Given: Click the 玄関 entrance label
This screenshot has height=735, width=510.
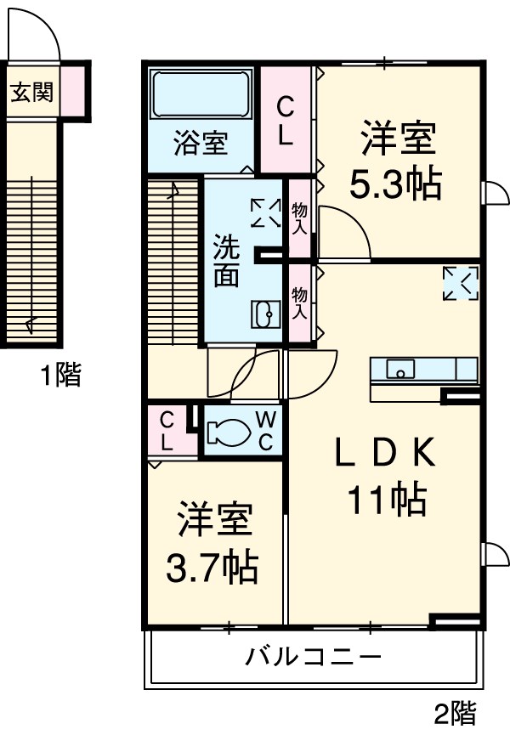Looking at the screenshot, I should click(31, 92).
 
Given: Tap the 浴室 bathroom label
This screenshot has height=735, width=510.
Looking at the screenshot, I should click(201, 143).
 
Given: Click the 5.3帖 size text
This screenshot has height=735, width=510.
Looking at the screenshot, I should click(398, 184).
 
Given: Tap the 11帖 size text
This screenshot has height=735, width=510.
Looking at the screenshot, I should click(385, 500).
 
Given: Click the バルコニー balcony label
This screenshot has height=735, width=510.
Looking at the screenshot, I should click(313, 657).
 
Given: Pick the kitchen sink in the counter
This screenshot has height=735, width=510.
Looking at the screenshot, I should click(400, 369).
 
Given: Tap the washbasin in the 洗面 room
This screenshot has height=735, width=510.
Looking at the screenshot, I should click(263, 314).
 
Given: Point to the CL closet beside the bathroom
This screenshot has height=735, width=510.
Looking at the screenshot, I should click(286, 121).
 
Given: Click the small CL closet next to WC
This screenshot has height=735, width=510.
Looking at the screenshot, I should click(167, 431).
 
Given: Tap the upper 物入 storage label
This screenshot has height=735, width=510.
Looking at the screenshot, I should click(299, 218).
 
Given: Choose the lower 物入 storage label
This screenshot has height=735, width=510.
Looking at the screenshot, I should click(299, 302).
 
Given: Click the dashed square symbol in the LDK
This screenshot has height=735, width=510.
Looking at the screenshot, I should click(461, 283).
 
